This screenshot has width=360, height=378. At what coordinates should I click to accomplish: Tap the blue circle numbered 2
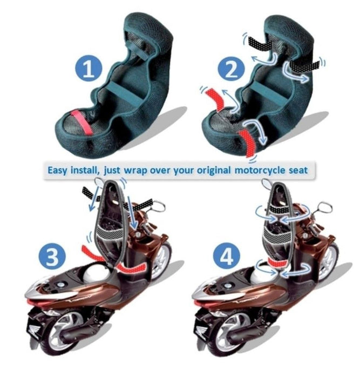(232, 69)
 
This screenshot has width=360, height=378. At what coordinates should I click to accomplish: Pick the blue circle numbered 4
(226, 256)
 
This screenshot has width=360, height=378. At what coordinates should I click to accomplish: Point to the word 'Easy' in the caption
(57, 171)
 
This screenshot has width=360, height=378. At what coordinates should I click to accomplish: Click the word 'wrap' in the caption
(135, 171)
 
